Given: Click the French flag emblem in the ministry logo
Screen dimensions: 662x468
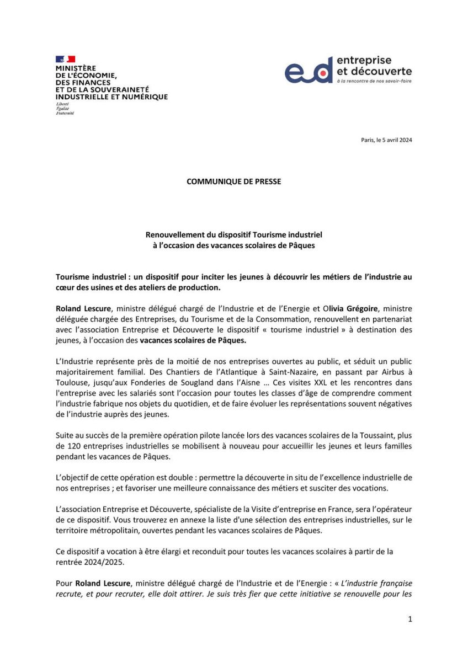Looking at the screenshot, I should click(65, 58).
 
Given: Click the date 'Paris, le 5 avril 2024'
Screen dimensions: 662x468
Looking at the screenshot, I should click(386, 140).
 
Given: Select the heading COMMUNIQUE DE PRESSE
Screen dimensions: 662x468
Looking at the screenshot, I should click(233, 181).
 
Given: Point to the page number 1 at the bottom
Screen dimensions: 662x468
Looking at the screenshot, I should click(410, 619).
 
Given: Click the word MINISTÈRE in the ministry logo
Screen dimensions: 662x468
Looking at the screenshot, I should click(76, 68).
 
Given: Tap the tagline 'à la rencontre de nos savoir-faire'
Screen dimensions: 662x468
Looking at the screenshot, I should click(374, 81).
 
